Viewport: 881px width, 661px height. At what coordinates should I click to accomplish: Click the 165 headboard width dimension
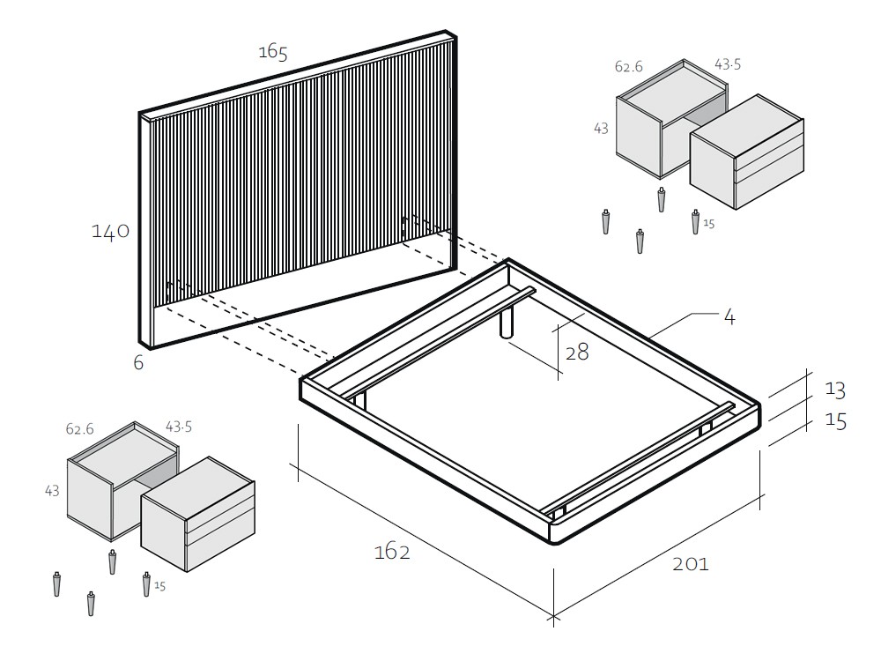(x=273, y=52)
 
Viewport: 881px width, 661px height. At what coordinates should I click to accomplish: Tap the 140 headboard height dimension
(x=111, y=231)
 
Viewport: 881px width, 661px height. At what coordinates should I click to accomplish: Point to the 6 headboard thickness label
(x=139, y=362)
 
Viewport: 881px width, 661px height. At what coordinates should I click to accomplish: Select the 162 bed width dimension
(x=392, y=552)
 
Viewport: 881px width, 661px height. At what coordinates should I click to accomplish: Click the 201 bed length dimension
(x=691, y=564)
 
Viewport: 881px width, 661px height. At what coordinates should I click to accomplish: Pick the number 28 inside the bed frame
(x=577, y=353)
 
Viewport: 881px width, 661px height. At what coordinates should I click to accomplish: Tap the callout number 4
(x=729, y=317)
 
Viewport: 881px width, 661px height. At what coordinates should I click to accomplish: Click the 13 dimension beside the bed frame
(x=835, y=390)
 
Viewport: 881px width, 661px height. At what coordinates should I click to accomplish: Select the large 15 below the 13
(x=835, y=420)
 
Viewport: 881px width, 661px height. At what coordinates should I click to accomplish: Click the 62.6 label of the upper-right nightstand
(x=629, y=67)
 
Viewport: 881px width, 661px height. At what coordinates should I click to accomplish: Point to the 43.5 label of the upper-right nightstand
(x=728, y=64)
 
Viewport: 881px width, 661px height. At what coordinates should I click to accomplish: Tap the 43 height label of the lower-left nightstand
(x=52, y=491)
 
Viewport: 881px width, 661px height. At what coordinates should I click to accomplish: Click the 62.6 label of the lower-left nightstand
(x=80, y=429)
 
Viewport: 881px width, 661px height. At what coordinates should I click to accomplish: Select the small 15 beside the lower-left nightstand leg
(x=160, y=586)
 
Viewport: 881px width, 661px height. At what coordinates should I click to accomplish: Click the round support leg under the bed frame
(x=507, y=322)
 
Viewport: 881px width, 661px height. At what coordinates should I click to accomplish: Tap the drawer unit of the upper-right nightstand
(x=747, y=152)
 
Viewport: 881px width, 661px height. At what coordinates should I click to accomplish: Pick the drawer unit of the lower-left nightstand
(x=197, y=515)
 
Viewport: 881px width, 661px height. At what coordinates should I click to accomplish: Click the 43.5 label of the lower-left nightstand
(x=179, y=427)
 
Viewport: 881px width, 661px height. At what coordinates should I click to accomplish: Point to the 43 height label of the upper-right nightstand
(x=601, y=129)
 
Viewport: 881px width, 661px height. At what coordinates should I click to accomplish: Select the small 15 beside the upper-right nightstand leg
(x=709, y=224)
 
